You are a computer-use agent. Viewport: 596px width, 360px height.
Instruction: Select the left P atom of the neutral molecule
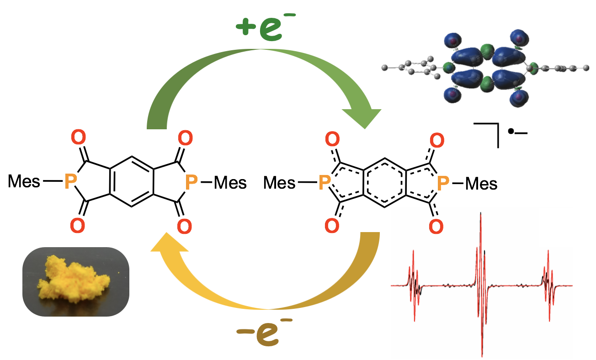click(70, 182)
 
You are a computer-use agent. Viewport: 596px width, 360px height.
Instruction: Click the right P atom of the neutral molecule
click(192, 183)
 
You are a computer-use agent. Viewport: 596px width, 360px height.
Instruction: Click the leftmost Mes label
click(24, 182)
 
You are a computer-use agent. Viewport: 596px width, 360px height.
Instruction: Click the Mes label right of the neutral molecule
click(230, 183)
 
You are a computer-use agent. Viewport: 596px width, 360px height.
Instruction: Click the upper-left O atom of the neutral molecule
click(78, 137)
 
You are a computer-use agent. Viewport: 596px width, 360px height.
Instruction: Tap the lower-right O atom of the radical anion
click(436, 225)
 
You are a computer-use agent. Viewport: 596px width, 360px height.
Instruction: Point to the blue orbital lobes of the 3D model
click(484, 69)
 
